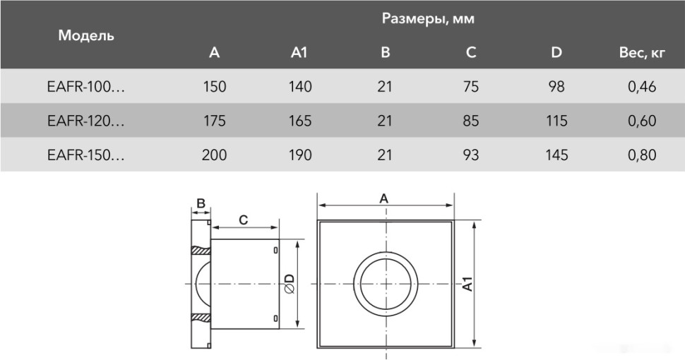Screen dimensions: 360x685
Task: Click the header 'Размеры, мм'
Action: click(428, 19)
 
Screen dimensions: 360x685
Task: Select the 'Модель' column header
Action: click(86, 35)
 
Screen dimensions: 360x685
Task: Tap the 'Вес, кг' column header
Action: click(642, 52)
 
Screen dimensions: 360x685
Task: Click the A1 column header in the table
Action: click(299, 52)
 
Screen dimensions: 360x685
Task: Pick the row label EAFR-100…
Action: click(85, 87)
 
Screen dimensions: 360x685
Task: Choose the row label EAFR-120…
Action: click(85, 121)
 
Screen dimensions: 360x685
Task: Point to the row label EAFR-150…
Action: click(85, 155)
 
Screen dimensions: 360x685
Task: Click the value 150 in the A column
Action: click(214, 87)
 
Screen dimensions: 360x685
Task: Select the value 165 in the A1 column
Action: click(300, 121)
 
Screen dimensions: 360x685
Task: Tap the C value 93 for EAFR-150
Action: click(471, 155)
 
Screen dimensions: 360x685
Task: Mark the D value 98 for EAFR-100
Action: click(556, 87)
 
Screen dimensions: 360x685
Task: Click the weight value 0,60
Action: click(642, 121)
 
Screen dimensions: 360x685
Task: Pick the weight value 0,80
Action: click(642, 155)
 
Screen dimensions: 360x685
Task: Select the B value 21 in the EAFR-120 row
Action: click(384, 121)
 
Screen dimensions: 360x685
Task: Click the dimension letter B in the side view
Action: click(201, 204)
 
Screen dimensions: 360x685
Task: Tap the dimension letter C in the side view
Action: click(243, 220)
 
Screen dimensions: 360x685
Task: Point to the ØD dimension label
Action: click(290, 284)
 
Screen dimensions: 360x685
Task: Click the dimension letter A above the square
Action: click(384, 198)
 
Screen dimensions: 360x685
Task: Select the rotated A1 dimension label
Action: click(467, 284)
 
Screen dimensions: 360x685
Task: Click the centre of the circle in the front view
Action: click(385, 284)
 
